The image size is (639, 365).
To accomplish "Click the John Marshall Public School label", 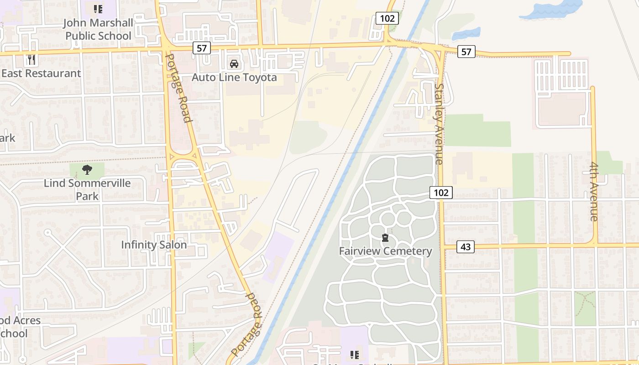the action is point(98,29).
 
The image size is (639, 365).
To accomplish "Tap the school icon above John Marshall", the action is point(98,9).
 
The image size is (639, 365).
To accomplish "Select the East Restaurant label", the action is point(41,73).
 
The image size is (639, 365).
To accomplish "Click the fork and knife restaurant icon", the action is point(31,60).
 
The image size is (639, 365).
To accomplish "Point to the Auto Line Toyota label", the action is point(234,78).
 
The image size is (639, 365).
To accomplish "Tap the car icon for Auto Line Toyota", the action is point(234,64).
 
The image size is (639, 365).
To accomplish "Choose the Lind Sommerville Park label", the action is point(87,189).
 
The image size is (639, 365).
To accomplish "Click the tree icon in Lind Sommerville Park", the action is point(87,170).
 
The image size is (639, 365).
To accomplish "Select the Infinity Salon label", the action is point(154,245).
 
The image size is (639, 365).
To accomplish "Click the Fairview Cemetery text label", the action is point(385,251).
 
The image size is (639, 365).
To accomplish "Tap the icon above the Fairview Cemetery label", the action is point(385,238).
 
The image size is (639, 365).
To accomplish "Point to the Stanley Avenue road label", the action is point(439,123).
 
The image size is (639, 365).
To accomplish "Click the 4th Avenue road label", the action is point(594,192).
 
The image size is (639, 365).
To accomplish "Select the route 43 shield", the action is point(465,247).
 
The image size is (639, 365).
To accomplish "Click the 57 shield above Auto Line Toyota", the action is point(201,47).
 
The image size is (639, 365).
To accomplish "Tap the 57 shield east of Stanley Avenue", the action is point(466,52).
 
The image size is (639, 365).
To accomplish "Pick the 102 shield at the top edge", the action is point(388,18).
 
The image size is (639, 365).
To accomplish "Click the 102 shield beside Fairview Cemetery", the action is point(441,193).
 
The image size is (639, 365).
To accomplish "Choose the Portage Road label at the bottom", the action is point(248,324).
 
